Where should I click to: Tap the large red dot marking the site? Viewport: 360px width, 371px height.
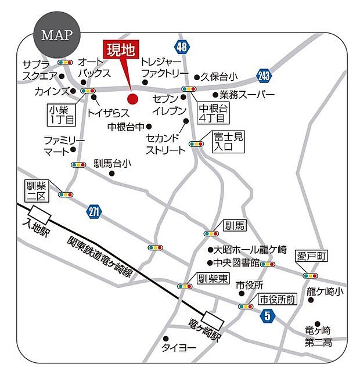point(132,99)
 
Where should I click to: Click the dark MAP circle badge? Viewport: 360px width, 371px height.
point(56,34)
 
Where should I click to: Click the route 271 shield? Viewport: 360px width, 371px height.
point(95,211)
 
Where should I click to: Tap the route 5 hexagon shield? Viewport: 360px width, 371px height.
point(267,316)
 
